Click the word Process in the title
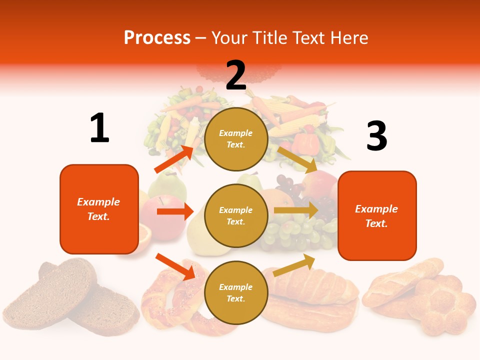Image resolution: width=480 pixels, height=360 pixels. [x=157, y=38]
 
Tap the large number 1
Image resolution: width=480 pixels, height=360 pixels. [x=99, y=128]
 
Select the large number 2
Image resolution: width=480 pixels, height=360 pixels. [x=236, y=75]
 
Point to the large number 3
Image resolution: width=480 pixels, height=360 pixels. [x=376, y=136]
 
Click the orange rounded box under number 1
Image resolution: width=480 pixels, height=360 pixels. [x=99, y=209]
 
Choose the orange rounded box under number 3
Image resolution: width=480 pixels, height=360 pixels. [x=377, y=215]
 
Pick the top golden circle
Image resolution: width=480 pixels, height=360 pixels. [x=236, y=139]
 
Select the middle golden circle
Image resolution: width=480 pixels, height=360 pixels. [x=236, y=215]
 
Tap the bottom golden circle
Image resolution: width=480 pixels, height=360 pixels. [x=236, y=292]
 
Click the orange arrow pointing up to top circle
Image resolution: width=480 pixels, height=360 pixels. [x=174, y=159]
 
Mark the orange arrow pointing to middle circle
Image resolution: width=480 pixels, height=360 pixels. [x=175, y=211]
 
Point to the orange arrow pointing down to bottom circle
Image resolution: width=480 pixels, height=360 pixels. [x=175, y=266]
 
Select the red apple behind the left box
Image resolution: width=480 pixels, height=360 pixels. [x=155, y=212]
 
